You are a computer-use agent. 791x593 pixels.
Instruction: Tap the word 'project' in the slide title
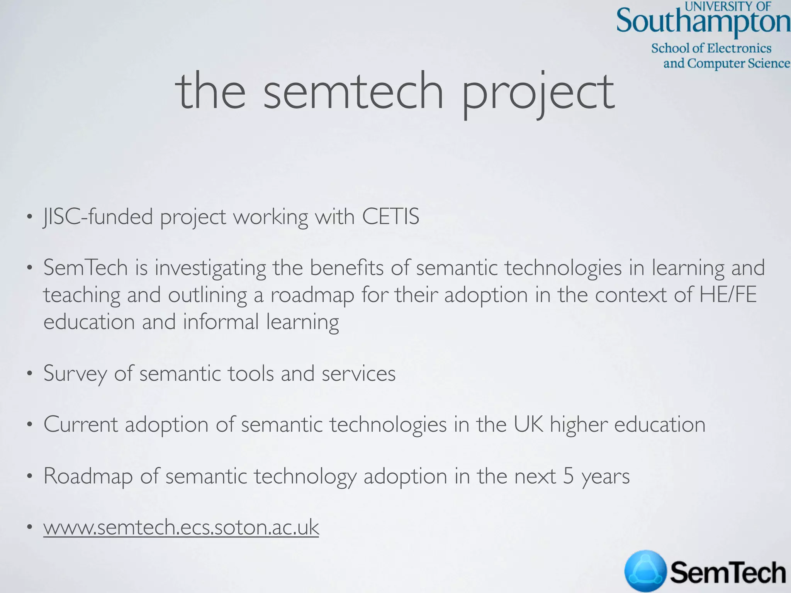coord(538,95)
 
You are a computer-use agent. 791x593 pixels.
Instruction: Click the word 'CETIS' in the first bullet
coord(390,217)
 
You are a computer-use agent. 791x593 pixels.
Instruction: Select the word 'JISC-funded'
coord(98,217)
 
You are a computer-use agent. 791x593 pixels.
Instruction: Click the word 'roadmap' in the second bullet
coord(312,296)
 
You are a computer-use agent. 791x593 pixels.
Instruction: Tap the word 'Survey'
coord(75,374)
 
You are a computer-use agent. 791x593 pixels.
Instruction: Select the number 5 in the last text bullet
coord(569,476)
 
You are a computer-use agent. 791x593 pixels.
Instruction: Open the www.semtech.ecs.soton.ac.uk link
coord(181,527)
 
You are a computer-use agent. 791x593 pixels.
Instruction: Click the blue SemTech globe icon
coord(645,571)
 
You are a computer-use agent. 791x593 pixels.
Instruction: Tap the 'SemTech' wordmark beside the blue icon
coord(728,572)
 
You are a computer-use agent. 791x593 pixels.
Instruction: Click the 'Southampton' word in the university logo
coord(703,22)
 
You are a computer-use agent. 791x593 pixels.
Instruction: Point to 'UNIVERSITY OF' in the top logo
coord(728,6)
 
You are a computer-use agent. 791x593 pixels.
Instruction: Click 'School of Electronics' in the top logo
coord(711,48)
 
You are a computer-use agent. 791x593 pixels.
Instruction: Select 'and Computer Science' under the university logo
coord(726,63)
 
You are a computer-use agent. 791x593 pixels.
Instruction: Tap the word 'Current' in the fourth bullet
coord(80,425)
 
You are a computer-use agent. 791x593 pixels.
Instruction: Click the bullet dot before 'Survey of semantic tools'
coord(29,374)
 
